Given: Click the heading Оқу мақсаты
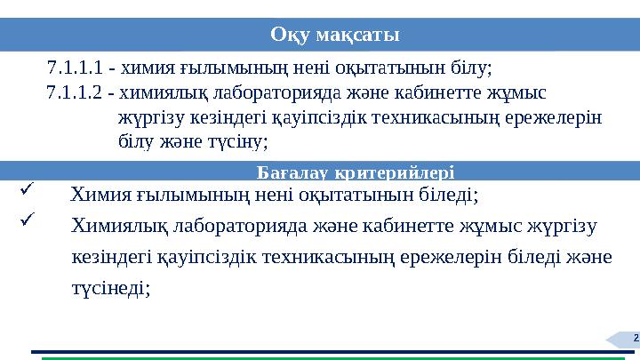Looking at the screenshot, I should [x=335, y=35].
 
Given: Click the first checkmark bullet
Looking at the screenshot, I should [x=26, y=188].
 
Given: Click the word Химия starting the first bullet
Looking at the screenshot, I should [x=100, y=194].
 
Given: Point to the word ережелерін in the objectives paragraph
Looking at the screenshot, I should [x=556, y=116].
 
